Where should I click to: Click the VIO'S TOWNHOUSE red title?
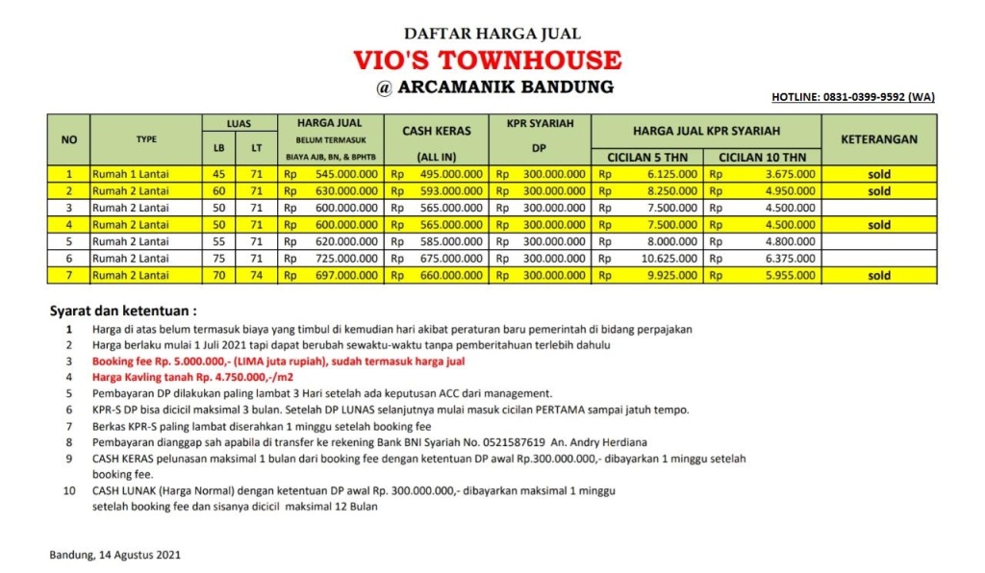tap(492, 61)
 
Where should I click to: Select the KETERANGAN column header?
tap(878, 139)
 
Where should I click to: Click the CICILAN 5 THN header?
tap(647, 157)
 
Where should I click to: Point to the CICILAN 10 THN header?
tap(762, 157)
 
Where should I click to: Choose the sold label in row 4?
tap(878, 225)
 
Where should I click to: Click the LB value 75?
tap(217, 259)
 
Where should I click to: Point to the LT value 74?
tap(256, 276)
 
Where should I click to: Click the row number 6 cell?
tap(68, 259)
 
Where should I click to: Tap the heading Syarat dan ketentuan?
tap(123, 311)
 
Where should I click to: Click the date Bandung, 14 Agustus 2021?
tap(114, 555)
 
